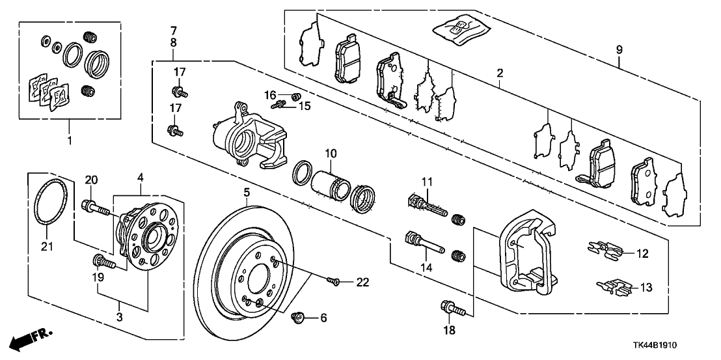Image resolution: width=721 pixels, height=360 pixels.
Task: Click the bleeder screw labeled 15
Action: point(280,104)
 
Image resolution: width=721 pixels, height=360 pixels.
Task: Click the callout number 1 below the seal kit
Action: point(70,139)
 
